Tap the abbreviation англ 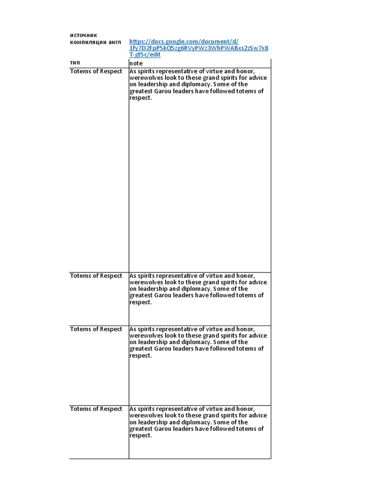(115, 42)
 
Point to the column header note (136, 63)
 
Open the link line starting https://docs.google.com (184, 41)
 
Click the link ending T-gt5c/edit (145, 55)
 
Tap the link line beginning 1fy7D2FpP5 (198, 48)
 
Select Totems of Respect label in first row (96, 71)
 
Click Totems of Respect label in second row (96, 276)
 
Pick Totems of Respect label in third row (96, 329)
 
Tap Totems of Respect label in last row (96, 409)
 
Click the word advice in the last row (258, 416)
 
